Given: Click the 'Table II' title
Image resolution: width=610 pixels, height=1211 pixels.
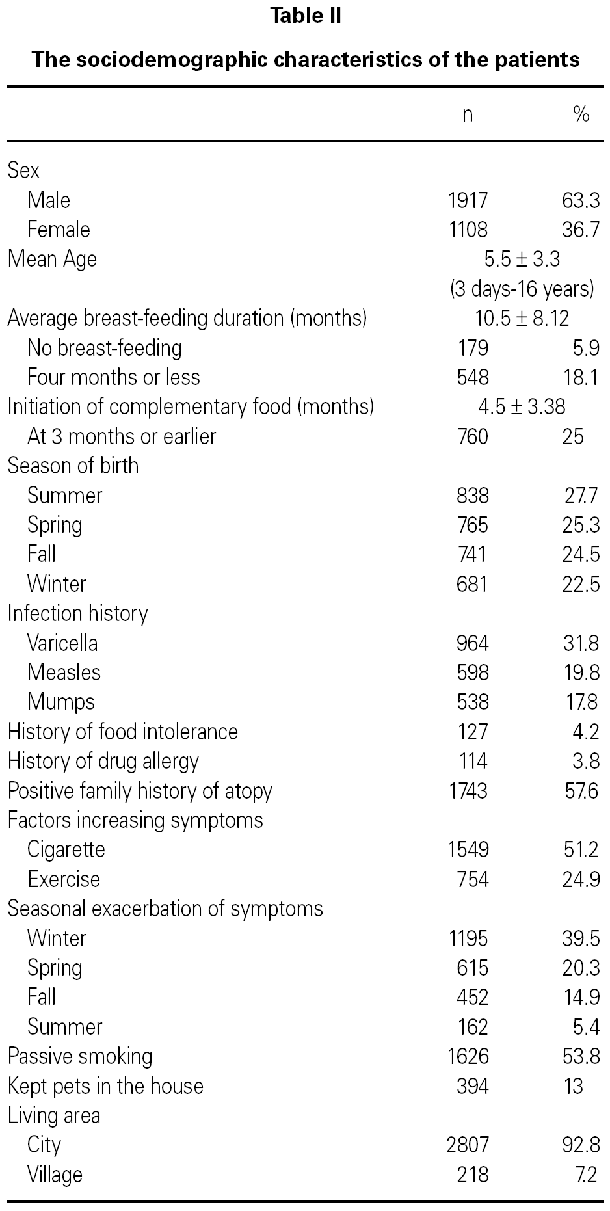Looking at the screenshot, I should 306,16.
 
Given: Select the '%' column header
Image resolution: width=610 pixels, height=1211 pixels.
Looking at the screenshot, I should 581,114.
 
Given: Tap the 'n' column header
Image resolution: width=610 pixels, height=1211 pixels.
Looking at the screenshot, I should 468,114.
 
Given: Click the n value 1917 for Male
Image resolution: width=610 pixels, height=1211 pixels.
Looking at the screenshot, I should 468,200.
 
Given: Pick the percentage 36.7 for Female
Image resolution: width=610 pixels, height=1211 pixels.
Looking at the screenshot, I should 581,230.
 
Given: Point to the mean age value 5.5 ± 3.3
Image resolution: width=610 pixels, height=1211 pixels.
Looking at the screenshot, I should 522,259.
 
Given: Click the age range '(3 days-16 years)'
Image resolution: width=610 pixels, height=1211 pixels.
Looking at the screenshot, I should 522,288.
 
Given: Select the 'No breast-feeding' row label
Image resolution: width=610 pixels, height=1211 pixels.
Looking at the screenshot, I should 104,348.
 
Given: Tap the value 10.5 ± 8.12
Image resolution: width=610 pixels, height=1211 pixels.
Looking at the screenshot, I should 522,318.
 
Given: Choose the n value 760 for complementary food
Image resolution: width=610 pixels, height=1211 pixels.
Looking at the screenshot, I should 472,436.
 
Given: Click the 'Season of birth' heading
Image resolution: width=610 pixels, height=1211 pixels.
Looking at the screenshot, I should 73,466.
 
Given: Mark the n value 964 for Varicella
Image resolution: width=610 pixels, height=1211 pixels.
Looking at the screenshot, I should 472,643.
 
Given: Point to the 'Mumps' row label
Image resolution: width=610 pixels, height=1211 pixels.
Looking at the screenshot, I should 61,702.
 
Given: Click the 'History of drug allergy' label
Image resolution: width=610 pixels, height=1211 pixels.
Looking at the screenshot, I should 103,761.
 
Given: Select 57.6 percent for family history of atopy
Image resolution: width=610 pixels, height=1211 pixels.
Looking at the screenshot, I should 581,791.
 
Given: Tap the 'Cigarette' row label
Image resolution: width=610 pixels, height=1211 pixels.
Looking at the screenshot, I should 66,849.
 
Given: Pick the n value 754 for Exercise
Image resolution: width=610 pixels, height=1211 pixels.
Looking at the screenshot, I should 472,879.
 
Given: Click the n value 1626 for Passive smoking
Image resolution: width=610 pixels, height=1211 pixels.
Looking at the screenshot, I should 468,1056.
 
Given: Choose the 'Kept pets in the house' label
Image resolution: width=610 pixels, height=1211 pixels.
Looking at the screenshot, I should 105,1086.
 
